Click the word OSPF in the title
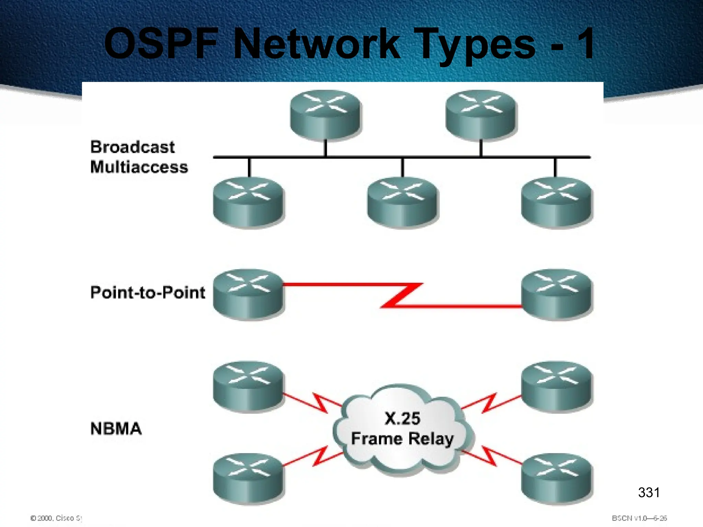(161, 44)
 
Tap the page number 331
(648, 493)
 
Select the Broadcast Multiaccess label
(139, 157)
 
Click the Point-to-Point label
(148, 293)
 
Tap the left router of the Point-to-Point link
(248, 294)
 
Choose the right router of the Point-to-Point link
(556, 294)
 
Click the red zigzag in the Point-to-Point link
(402, 295)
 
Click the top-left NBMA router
(248, 386)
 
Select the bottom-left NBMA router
(248, 478)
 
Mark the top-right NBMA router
(556, 386)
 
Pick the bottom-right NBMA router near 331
(556, 478)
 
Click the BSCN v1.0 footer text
(639, 518)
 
